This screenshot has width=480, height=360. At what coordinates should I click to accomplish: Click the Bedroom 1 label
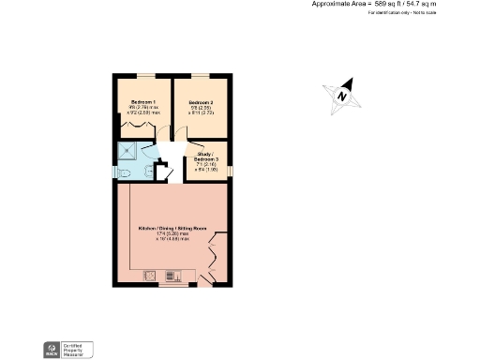pos(142,100)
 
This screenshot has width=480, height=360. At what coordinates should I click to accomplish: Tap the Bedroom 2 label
pos(201,101)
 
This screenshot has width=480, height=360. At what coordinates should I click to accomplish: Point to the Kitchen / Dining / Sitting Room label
pos(172,229)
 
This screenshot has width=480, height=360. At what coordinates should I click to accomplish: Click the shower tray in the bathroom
pos(127,153)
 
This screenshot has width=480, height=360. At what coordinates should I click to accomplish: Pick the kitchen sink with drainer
pos(173,276)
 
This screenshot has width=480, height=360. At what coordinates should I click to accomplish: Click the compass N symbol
pos(343,96)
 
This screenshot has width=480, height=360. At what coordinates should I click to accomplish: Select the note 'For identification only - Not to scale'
pos(402,13)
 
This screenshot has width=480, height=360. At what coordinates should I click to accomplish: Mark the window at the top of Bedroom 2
pos(202,74)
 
